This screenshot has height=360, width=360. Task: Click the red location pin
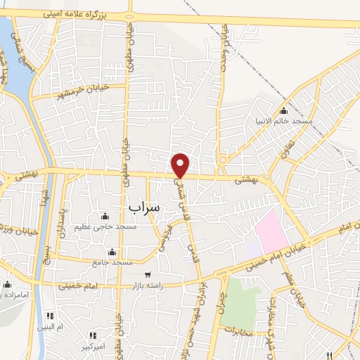[x=181, y=165]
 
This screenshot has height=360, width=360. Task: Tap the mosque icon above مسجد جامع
[x=111, y=252]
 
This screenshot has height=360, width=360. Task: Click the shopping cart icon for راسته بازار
[x=147, y=274]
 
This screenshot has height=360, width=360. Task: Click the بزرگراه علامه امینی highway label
[x=89, y=13]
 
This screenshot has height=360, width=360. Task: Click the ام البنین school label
[x=51, y=328]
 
